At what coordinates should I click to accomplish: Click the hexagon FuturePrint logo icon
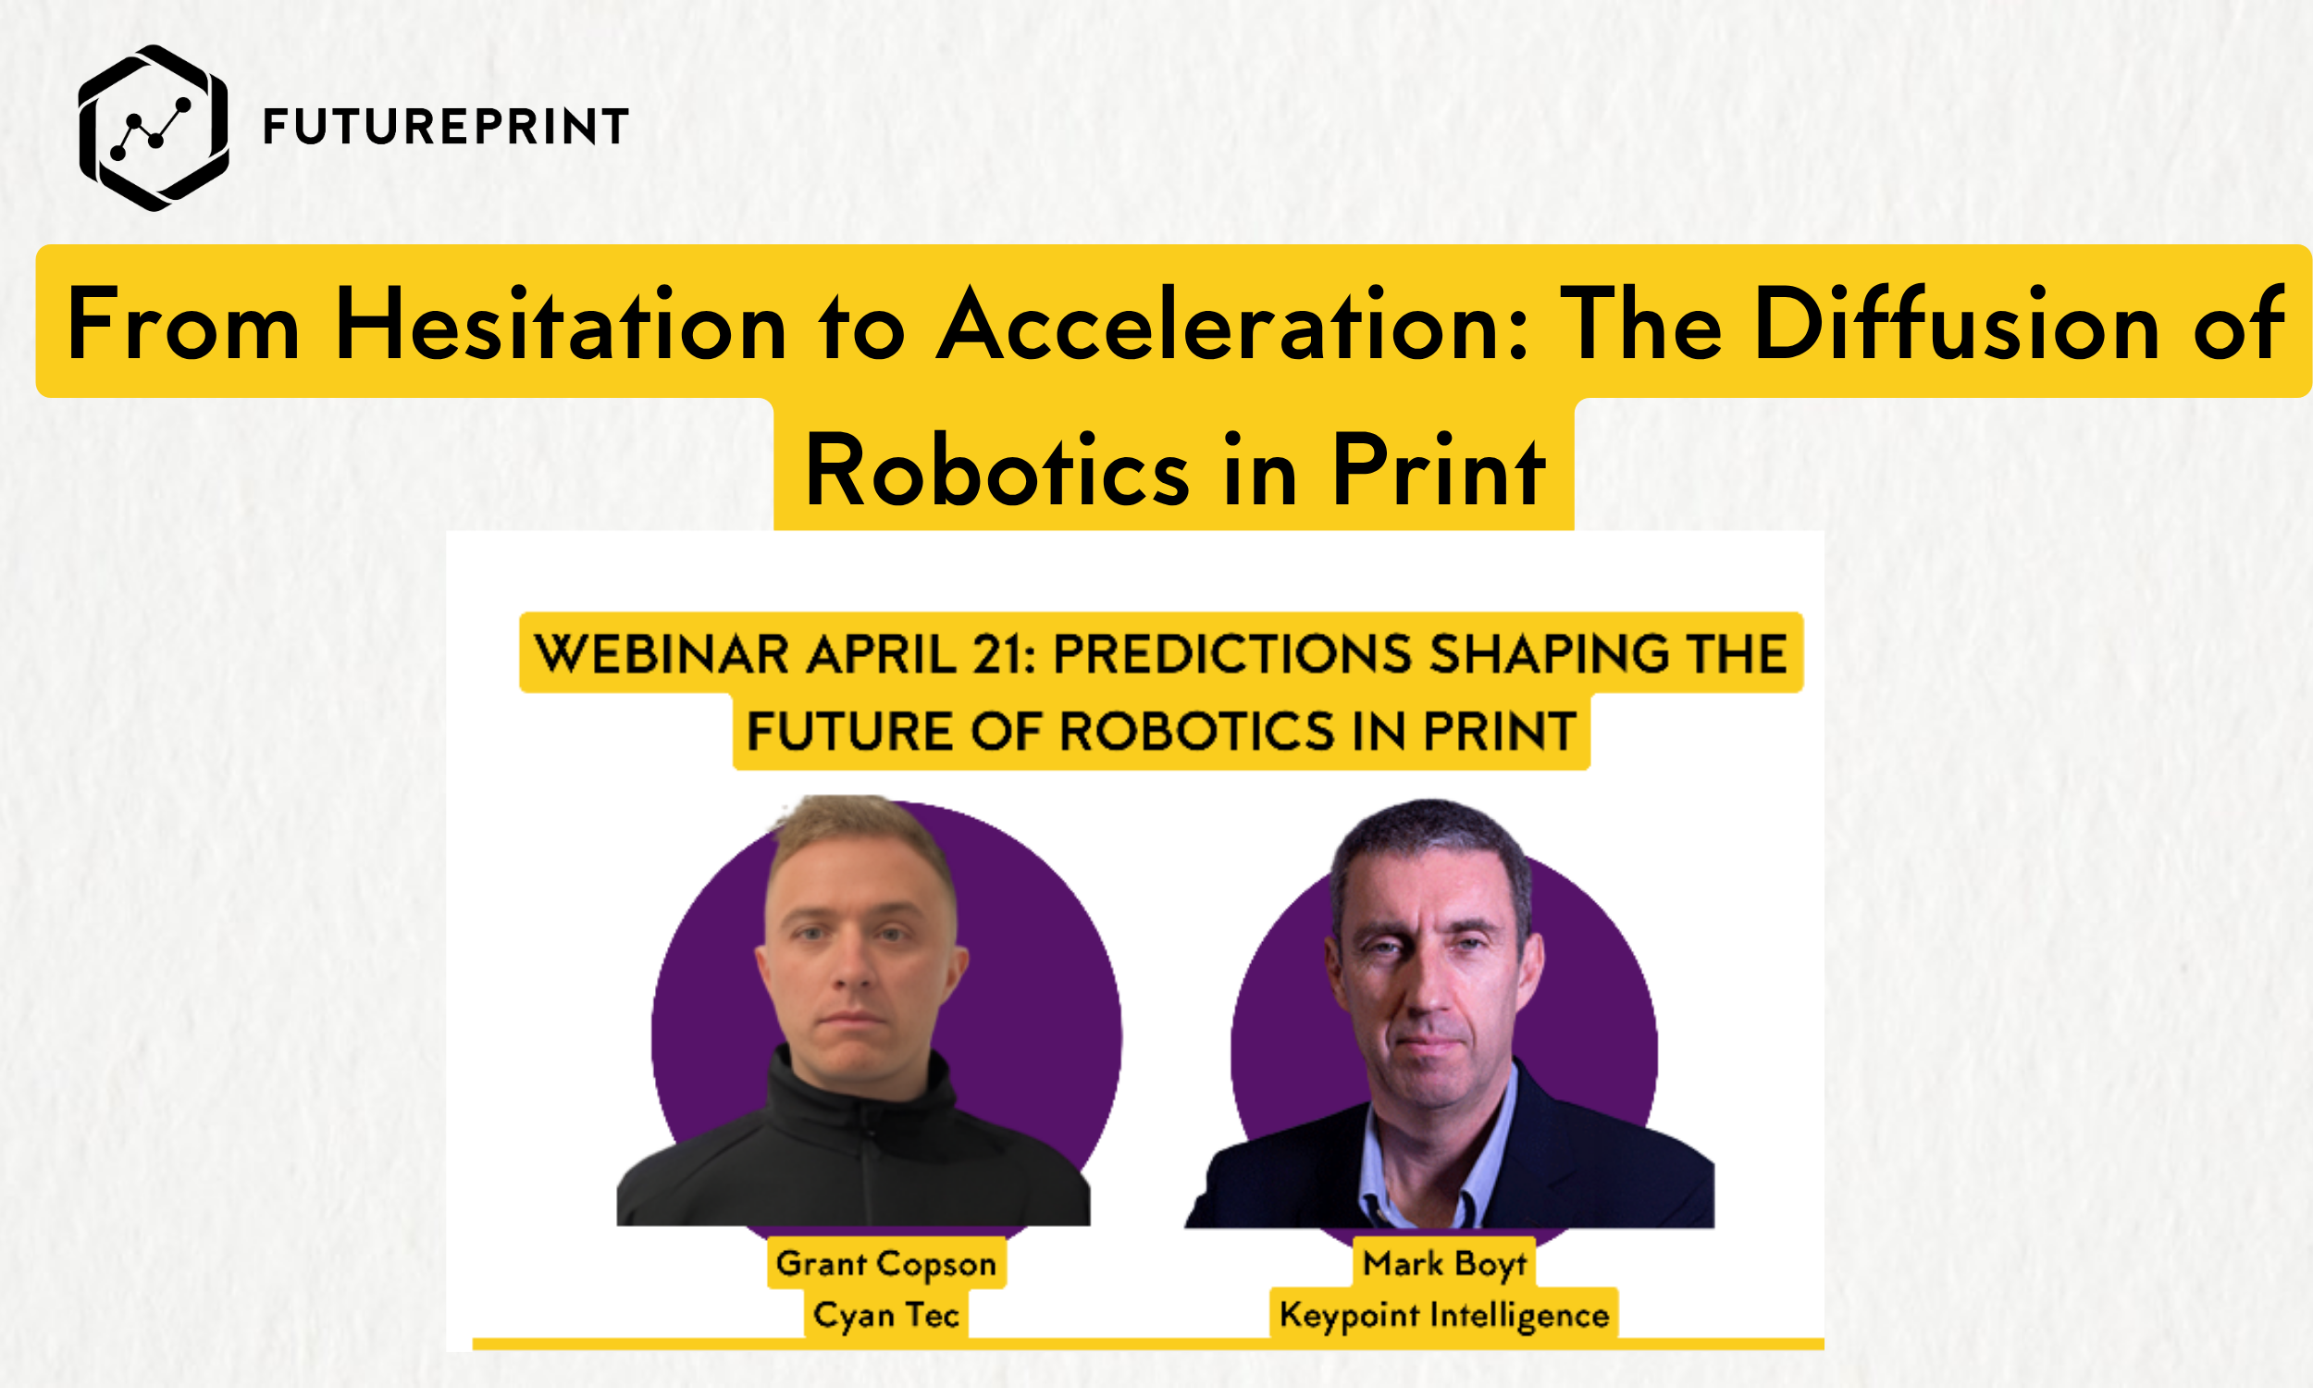coord(154,128)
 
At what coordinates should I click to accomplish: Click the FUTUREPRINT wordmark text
coord(445,127)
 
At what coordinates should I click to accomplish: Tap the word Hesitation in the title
coord(561,325)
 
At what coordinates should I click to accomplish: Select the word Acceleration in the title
coord(1232,325)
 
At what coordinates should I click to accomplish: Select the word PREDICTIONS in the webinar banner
coord(1231,653)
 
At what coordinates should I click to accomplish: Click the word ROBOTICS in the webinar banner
coord(1196,730)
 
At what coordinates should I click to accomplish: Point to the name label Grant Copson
coord(886,1264)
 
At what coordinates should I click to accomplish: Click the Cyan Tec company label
coord(886,1314)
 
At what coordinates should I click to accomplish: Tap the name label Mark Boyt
coord(1444,1264)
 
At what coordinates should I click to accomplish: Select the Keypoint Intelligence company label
coord(1444,1314)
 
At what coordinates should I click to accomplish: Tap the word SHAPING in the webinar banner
coord(1548,653)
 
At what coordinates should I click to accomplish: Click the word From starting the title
coord(183,325)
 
